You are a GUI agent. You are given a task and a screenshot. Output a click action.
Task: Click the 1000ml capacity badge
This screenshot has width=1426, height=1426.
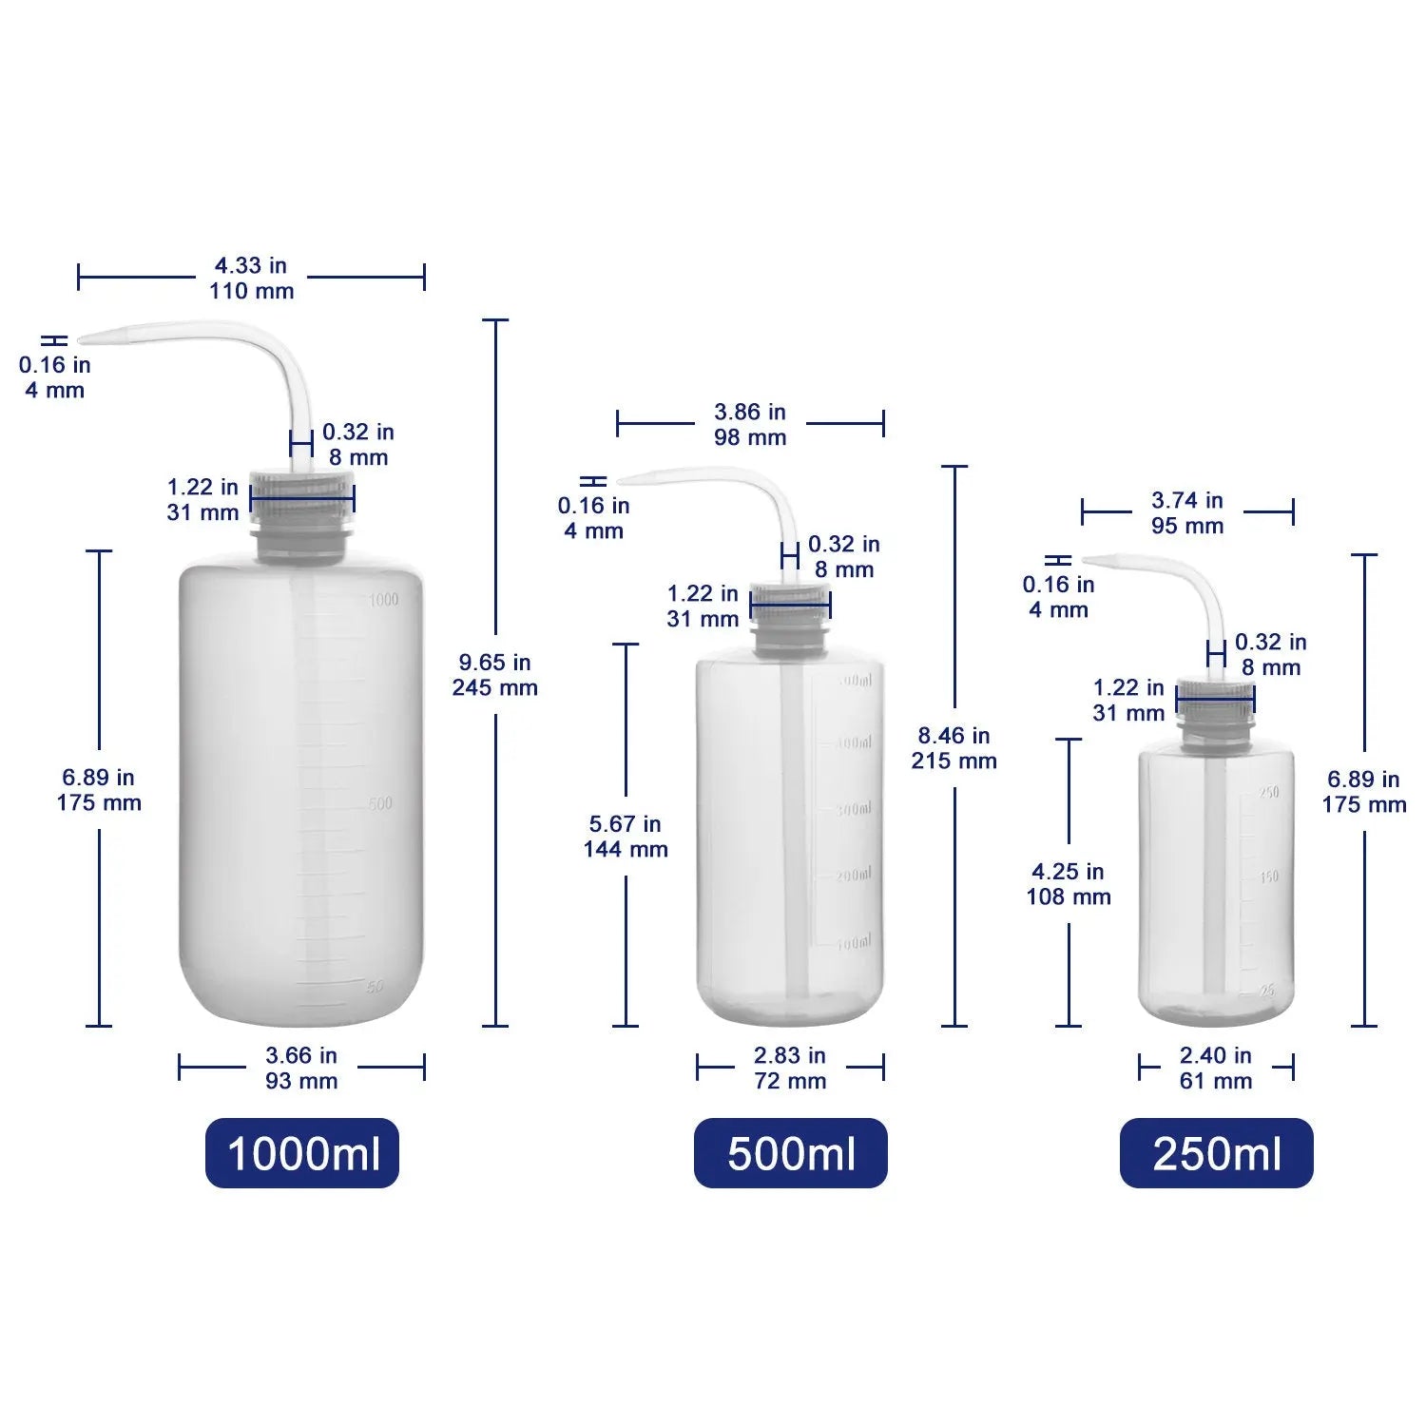click(302, 1153)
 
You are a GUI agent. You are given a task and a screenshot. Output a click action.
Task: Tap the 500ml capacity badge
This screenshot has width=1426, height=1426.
click(790, 1153)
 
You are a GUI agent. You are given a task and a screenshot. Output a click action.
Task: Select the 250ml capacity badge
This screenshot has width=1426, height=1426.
click(1216, 1153)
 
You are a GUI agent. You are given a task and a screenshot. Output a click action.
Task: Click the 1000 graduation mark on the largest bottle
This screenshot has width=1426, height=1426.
click(383, 599)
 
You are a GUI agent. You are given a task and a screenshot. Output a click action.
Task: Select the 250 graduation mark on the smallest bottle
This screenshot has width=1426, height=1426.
click(1269, 792)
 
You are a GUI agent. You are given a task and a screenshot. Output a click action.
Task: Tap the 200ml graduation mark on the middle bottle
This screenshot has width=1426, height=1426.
click(853, 875)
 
